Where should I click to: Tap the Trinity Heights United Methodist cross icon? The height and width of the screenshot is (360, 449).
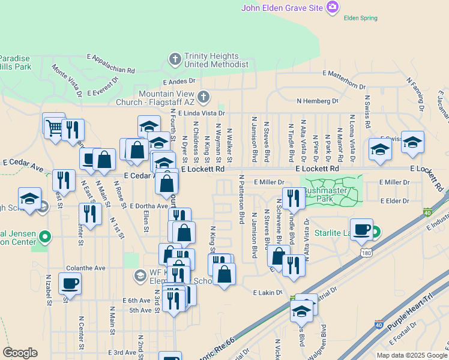[x=175, y=59]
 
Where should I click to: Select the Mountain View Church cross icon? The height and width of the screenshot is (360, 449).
[x=204, y=97]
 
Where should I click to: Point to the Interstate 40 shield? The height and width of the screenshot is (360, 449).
[x=427, y=212]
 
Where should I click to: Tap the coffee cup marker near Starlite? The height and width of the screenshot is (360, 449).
[x=361, y=229]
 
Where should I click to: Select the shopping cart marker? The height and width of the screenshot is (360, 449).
[x=54, y=127]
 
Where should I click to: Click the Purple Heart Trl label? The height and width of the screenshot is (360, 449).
[x=410, y=317]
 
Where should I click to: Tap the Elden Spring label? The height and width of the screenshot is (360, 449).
[x=360, y=18]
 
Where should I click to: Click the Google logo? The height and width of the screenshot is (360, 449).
[x=20, y=353]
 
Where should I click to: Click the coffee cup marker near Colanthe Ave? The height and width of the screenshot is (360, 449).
[x=70, y=283]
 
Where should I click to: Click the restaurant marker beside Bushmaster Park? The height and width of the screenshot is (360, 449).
[x=293, y=197]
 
